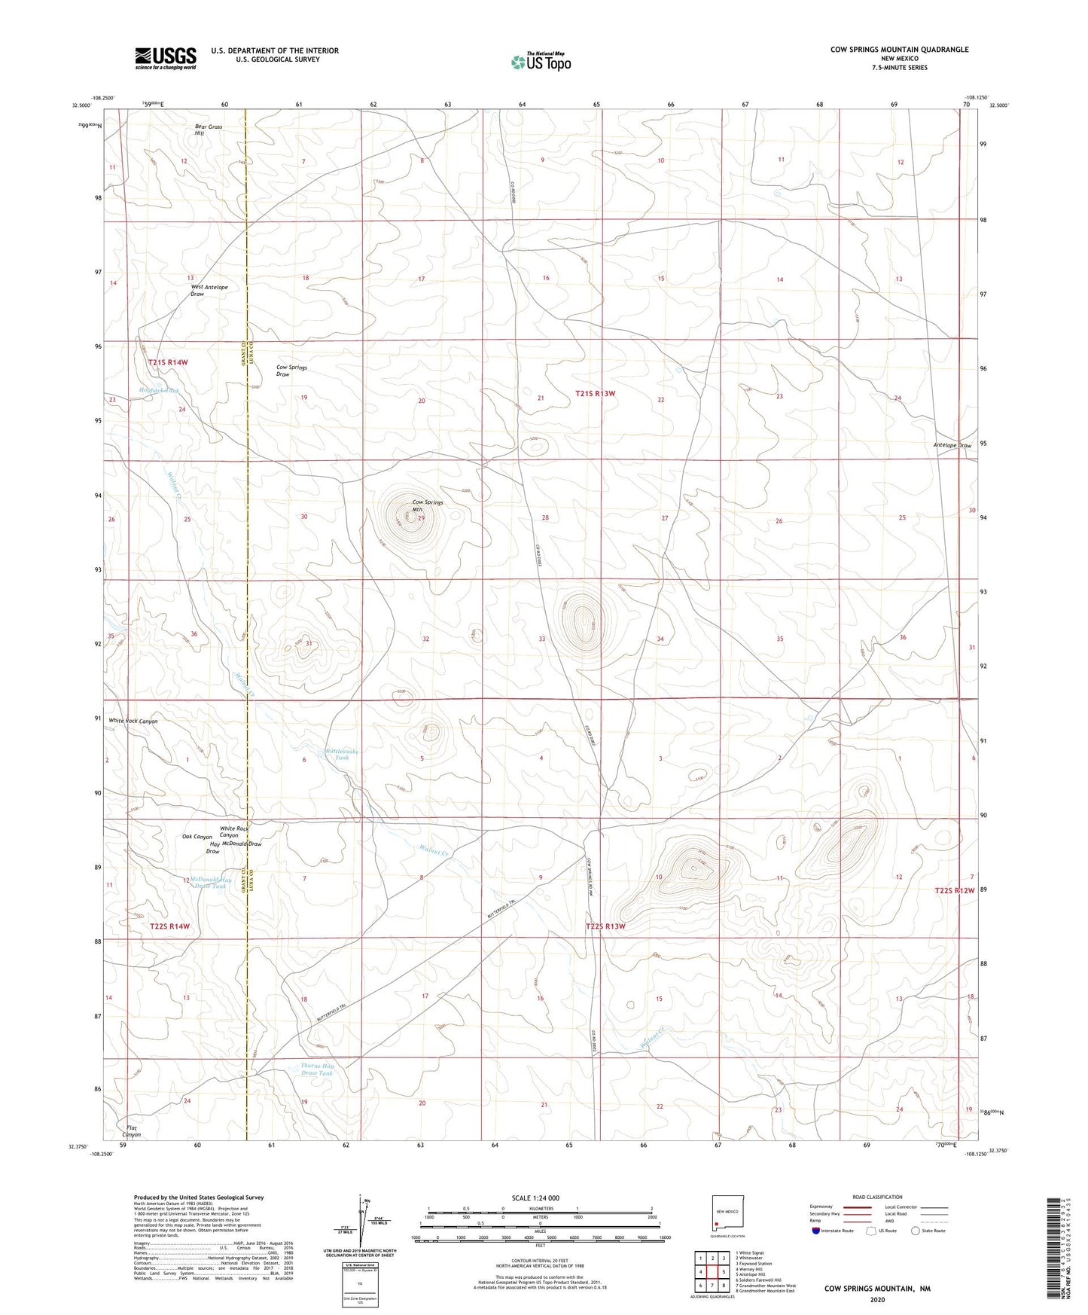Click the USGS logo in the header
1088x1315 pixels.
(x=166, y=57)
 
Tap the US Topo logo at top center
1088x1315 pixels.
(x=540, y=62)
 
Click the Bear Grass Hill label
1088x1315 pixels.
(x=208, y=130)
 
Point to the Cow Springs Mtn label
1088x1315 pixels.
(x=427, y=505)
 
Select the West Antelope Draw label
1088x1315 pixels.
(x=209, y=290)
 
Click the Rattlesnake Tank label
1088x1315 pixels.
(x=342, y=754)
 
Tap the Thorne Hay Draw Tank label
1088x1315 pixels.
(x=317, y=1069)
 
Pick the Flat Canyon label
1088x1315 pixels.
(x=132, y=1130)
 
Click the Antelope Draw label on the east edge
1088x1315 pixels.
(x=952, y=445)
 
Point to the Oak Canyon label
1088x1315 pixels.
(x=197, y=837)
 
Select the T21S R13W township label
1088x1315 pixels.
(x=596, y=393)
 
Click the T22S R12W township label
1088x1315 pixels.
(x=955, y=890)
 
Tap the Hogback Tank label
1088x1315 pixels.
(x=159, y=390)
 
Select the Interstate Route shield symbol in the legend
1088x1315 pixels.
(x=817, y=1231)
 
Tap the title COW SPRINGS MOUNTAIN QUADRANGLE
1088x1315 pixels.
(x=899, y=50)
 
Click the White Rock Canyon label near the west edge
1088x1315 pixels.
(x=133, y=721)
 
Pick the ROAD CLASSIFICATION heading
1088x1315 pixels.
(x=877, y=1197)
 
